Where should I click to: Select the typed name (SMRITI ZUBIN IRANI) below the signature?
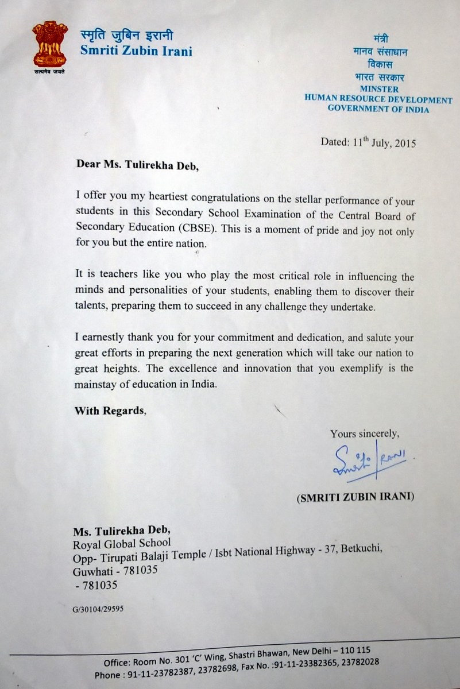[x=355, y=498]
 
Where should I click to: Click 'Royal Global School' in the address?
[x=122, y=541]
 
